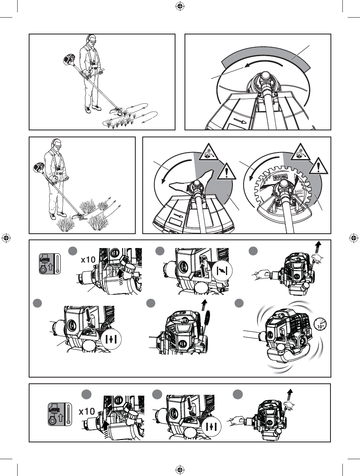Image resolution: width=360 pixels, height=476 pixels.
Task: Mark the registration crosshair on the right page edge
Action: pos(353,238)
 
